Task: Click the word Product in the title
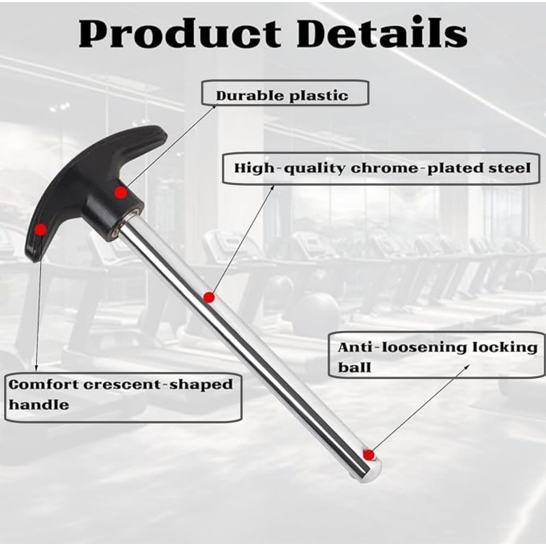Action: tap(179, 33)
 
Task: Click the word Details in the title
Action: tap(382, 32)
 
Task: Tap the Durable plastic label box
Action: tap(285, 93)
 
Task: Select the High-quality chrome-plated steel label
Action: tap(381, 168)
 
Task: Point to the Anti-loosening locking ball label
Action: tap(437, 355)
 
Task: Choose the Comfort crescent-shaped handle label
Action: tap(123, 397)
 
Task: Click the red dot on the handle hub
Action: tap(121, 192)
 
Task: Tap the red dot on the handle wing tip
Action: tap(41, 229)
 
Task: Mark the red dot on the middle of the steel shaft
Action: tap(209, 298)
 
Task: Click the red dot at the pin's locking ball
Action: tap(369, 455)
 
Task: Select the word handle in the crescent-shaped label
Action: tap(39, 405)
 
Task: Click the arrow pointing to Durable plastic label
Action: tap(171, 145)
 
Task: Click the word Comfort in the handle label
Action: tap(44, 384)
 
